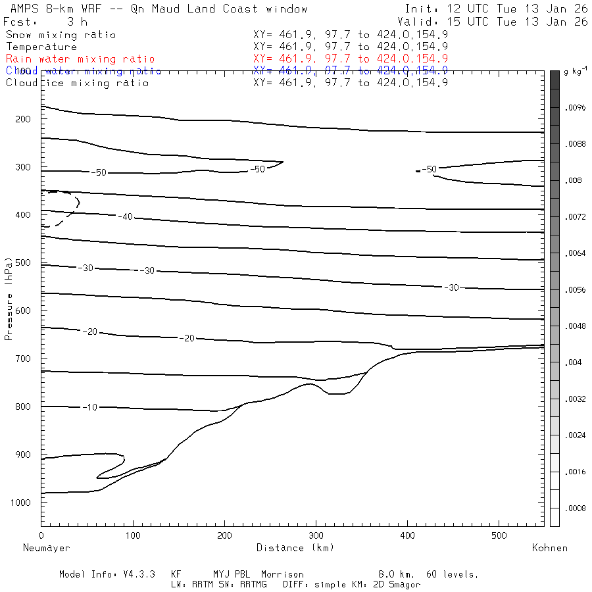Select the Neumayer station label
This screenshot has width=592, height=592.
pyautogui.click(x=46, y=547)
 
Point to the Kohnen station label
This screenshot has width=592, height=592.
pyautogui.click(x=549, y=547)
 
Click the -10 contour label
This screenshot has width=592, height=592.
pyautogui.click(x=90, y=407)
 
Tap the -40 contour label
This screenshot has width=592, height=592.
pyautogui.click(x=125, y=216)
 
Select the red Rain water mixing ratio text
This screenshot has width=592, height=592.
pyautogui.click(x=80, y=59)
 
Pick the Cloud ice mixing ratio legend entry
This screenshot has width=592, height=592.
pyautogui.click(x=78, y=83)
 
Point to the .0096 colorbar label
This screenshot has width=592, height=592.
pyautogui.click(x=576, y=107)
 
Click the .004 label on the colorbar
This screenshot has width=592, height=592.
pyautogui.click(x=574, y=362)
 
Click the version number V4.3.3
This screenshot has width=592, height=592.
pyautogui.click(x=139, y=574)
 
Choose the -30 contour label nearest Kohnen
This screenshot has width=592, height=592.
pyautogui.click(x=451, y=287)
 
